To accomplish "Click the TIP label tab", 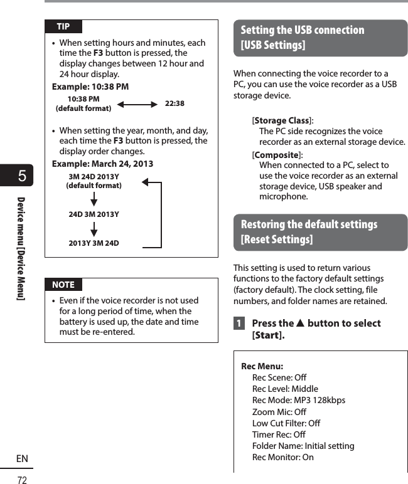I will (x=63, y=26).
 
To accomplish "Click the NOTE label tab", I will (x=63, y=285).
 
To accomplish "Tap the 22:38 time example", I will (x=174, y=103).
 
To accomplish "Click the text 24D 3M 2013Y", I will (x=94, y=214).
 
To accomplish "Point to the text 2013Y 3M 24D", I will (x=94, y=243).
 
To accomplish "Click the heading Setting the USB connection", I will (x=303, y=30).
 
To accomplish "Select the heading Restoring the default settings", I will (x=309, y=224).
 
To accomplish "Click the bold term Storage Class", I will (x=282, y=120).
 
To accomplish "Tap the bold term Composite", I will (x=276, y=155).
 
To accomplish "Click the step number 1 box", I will (x=239, y=324).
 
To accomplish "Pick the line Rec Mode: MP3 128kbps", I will (x=298, y=400).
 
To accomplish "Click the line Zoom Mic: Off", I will (x=279, y=412).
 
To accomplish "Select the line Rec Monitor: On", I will (x=282, y=457).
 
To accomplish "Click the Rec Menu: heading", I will (x=262, y=366).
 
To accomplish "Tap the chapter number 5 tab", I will (x=22, y=176).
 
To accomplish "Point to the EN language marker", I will (x=22, y=459).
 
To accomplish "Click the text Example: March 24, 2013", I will (x=102, y=164).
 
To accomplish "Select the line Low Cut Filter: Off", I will (x=286, y=423).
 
